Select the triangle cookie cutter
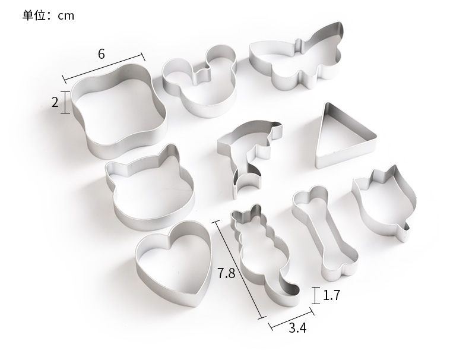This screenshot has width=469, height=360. click(x=322, y=135)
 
